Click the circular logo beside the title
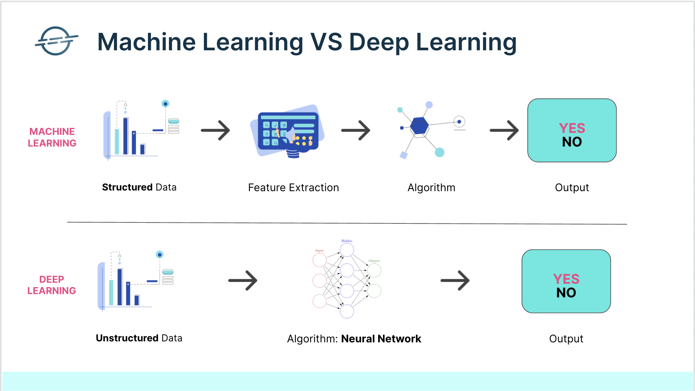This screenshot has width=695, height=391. click(56, 41)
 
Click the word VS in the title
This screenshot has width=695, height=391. click(326, 42)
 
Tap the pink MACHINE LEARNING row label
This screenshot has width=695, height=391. click(52, 137)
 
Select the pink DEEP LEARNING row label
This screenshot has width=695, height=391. click(52, 285)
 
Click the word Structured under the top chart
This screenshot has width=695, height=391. click(127, 187)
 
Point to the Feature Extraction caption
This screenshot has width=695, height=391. click(293, 188)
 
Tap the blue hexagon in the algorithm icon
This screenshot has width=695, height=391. click(419, 126)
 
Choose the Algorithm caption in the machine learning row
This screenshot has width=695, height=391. click(431, 188)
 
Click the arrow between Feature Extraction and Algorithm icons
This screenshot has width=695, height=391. click(355, 130)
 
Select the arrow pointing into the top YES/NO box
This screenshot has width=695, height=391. click(504, 130)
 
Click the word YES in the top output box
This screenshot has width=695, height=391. click(572, 128)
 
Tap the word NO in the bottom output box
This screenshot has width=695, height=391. click(566, 293)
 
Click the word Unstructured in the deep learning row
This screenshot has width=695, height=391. click(127, 338)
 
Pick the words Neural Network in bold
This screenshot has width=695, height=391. click(381, 339)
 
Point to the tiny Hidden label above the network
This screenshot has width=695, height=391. click(347, 241)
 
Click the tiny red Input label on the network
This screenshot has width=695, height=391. click(320, 250)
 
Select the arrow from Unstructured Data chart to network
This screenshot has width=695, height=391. click(243, 280)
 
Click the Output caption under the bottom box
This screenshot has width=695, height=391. click(566, 339)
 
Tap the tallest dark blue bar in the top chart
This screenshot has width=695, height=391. click(126, 136)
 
